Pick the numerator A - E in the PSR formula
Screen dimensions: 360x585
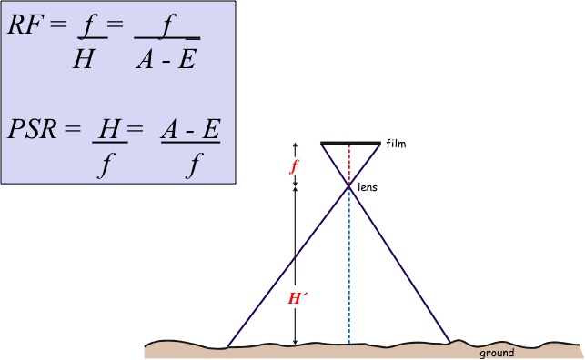191,129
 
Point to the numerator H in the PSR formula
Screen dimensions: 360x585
110,129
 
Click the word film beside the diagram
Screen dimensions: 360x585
397,144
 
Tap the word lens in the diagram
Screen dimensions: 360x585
368,187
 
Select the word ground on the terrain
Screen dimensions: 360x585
497,353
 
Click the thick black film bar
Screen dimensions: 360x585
350,144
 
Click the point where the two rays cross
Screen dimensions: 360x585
348,186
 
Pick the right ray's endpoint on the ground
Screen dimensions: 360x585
450,343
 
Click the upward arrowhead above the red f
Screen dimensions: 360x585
295,145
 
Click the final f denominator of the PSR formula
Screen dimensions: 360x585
193,166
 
